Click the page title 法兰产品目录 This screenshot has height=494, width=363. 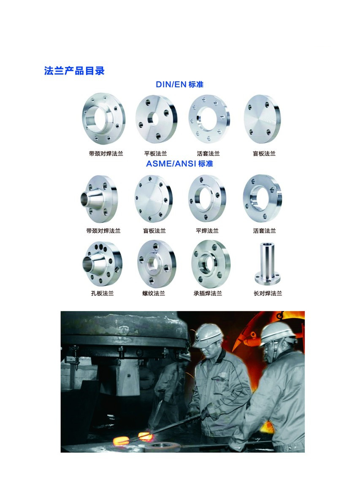point(74,71)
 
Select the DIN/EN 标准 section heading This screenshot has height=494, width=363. point(179,84)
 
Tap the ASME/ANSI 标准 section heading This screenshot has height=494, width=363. point(179,164)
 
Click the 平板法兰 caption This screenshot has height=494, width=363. point(155,154)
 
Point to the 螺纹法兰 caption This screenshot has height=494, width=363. point(154,293)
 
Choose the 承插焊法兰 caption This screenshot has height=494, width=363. point(208,293)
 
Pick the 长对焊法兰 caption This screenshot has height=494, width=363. point(268,293)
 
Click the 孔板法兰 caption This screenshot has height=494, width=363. point(102,293)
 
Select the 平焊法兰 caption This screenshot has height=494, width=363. point(207,231)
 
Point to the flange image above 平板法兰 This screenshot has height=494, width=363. point(156,119)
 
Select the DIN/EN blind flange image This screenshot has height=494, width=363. point(262,119)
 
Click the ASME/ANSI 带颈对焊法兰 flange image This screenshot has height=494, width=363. point(99,199)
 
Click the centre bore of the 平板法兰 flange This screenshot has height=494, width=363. point(154,118)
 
